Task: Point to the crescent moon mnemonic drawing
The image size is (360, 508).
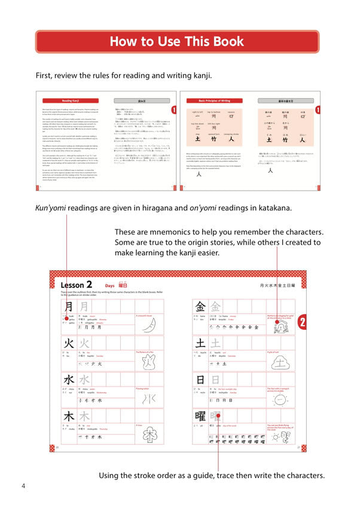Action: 147,326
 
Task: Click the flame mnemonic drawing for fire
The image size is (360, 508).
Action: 147,363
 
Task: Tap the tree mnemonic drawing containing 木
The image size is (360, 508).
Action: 147,436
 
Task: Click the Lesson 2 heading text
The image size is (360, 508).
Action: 77,285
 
